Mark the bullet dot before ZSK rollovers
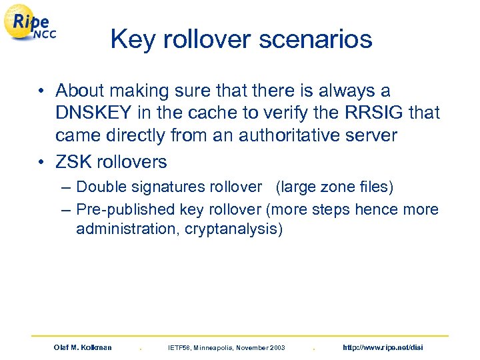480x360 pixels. (x=43, y=163)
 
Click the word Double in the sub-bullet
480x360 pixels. (x=101, y=188)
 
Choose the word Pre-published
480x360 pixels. (x=126, y=210)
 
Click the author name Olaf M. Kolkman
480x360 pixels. (x=83, y=347)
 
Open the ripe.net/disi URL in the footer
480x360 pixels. (x=382, y=347)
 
